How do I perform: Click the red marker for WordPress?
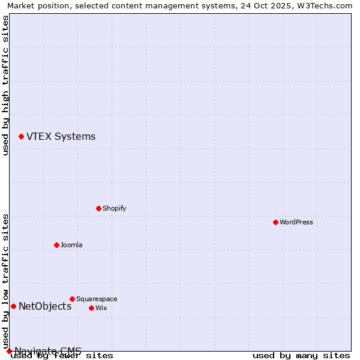pyautogui.click(x=275, y=222)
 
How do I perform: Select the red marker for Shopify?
pyautogui.click(x=98, y=208)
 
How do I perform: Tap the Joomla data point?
pyautogui.click(x=56, y=245)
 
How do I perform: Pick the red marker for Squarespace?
pyautogui.click(x=72, y=299)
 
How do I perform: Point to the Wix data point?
pyautogui.click(x=91, y=308)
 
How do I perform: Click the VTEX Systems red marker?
pyautogui.click(x=21, y=136)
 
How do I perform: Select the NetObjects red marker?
pyautogui.click(x=13, y=306)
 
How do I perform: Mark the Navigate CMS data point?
pyautogui.click(x=9, y=351)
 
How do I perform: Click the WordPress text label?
pyautogui.click(x=296, y=222)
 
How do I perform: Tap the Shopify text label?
pyautogui.click(x=114, y=208)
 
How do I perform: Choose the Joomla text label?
pyautogui.click(x=71, y=245)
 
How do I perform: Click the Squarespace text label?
pyautogui.click(x=97, y=299)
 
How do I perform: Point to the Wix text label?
pyautogui.click(x=101, y=308)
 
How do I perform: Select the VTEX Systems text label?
pyautogui.click(x=61, y=136)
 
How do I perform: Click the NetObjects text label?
pyautogui.click(x=45, y=306)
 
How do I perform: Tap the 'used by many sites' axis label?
pyautogui.click(x=301, y=356)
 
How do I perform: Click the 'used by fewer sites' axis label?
pyautogui.click(x=62, y=356)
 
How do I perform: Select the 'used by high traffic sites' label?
pyautogui.click(x=5, y=85)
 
